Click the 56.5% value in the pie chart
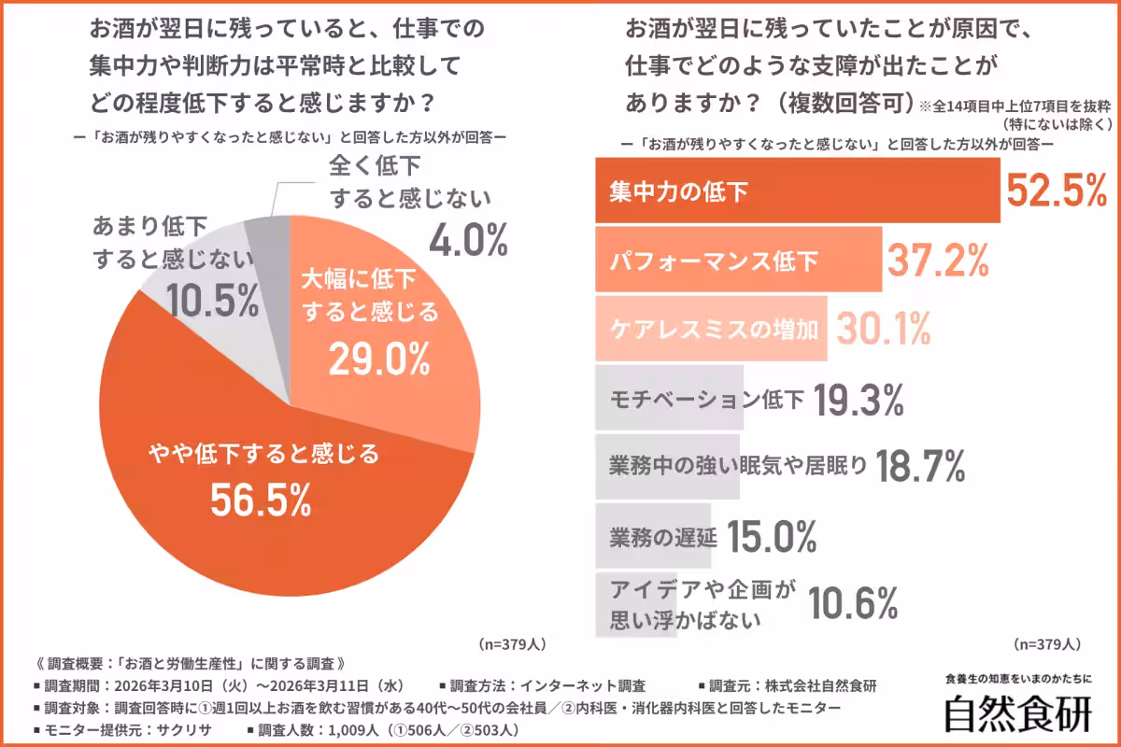point(260,501)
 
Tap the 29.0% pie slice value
point(378,358)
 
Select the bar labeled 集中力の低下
point(797,191)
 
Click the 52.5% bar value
point(1055,191)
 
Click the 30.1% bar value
point(883,329)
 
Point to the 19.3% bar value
point(858,400)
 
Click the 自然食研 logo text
point(1016,713)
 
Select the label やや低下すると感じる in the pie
point(264,455)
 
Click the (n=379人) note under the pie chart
point(512,644)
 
